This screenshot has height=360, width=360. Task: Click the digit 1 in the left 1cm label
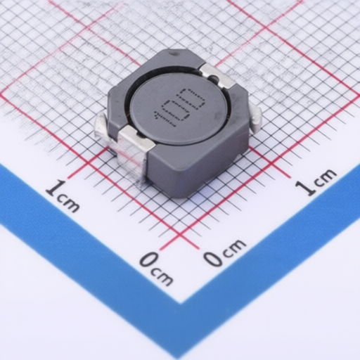click(x=52, y=188)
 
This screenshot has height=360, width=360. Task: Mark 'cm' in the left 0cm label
click(x=162, y=276)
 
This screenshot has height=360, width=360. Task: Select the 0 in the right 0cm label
click(x=212, y=258)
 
